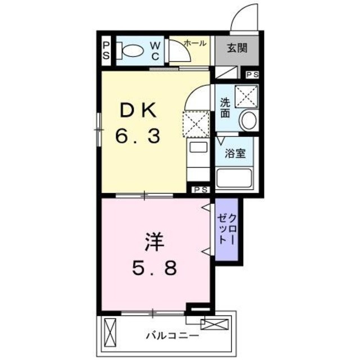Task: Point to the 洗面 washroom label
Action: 224,107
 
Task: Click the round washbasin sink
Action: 247,120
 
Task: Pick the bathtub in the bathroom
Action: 236,178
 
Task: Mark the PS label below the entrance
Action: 253,74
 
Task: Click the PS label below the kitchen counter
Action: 200,190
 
